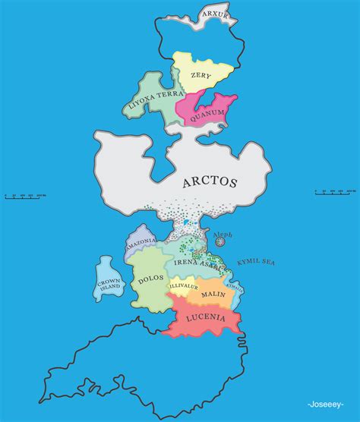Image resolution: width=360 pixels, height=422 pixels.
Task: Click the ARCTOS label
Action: [210, 182]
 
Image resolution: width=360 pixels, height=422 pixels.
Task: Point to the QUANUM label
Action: [207, 114]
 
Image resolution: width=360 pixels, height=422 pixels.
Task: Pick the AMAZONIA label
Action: [141, 241]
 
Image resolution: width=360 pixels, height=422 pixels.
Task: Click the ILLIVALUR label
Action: [183, 286]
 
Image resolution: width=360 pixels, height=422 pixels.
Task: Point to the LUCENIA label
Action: [204, 319]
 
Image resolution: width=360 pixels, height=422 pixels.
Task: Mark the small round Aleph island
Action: [221, 241]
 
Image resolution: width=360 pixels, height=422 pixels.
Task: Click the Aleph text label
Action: [223, 232]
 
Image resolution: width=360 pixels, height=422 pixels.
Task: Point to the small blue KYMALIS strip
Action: [236, 288]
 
